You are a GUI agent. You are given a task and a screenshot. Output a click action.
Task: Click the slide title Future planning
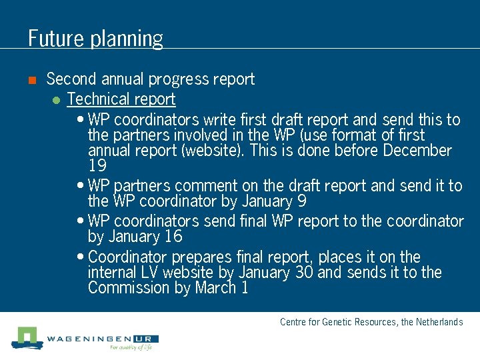[95, 38]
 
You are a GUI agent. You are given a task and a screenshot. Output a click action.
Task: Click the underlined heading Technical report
[121, 100]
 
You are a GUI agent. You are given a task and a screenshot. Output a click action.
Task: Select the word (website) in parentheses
[212, 151]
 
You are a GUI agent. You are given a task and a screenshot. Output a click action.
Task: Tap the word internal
[112, 273]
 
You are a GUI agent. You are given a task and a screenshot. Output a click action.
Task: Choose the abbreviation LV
[149, 273]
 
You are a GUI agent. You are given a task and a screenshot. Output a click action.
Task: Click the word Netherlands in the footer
[439, 323]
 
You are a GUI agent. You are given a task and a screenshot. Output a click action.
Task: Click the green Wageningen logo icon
[25, 337]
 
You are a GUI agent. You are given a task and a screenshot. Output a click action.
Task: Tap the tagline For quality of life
[131, 348]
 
